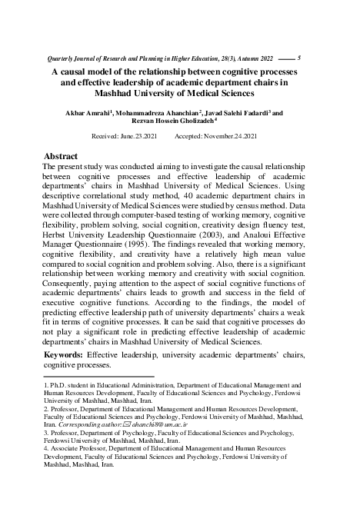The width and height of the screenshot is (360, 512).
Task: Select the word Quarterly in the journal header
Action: tap(63, 59)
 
